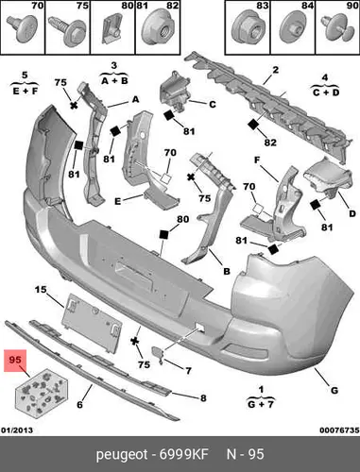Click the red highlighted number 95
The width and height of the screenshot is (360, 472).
pos(15,360)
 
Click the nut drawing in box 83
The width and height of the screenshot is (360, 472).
pos(248,27)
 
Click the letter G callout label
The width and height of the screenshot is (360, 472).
pos(334,391)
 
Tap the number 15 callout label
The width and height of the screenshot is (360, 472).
pos(41,289)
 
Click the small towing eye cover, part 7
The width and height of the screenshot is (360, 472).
pos(159,353)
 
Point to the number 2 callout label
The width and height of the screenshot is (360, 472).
pos(276,70)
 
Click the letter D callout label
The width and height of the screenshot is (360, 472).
pos(352,213)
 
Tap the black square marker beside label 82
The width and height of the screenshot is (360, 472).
pos(253,125)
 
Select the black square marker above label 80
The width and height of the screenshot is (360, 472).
pos(163,235)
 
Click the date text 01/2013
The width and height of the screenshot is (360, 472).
pos(17,430)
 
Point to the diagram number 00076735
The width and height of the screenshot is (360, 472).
pos(339,430)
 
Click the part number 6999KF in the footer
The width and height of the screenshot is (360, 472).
pos(184,454)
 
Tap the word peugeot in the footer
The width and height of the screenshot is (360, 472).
pos(122,455)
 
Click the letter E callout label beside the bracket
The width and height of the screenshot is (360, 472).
pos(117,201)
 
